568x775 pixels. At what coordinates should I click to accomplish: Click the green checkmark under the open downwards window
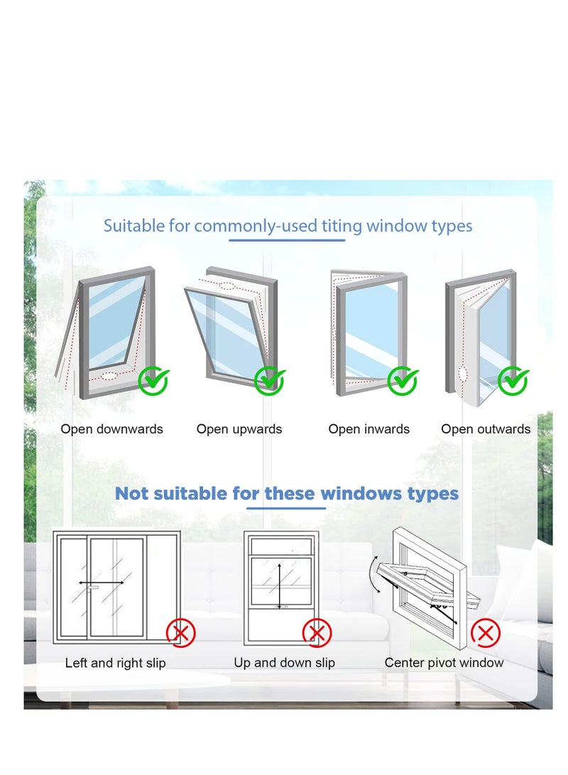pos(153,381)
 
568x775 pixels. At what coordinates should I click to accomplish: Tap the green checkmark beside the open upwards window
pos(270,381)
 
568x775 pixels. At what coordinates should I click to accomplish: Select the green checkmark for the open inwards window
pos(403,381)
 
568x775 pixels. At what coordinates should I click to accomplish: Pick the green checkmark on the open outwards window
pos(513,381)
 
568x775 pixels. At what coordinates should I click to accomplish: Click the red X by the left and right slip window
pos(181,632)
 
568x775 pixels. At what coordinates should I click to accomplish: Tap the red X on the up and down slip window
pos(317,632)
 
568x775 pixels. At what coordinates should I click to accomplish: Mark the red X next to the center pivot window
pos(486,632)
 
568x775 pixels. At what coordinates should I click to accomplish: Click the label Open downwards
pos(111,429)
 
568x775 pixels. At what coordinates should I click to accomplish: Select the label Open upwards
pos(239,429)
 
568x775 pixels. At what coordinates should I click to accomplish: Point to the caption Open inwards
pos(368,429)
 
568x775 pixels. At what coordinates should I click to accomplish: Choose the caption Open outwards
pos(486,429)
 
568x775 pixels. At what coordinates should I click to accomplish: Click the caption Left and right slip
pos(115,663)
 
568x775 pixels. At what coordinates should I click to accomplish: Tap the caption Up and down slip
pos(284,663)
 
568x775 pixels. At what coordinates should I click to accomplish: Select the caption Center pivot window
pos(444,663)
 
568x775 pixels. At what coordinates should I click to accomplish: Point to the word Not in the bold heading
pos(132,493)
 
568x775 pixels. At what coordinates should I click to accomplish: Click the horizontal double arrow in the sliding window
pos(102,583)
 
